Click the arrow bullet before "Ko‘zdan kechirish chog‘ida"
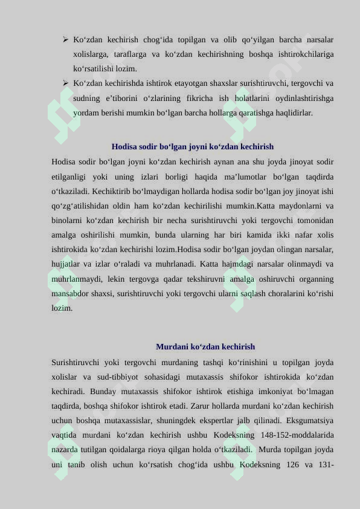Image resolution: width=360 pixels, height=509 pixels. coord(65,40)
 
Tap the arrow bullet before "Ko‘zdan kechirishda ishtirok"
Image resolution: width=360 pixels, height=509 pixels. coord(65,83)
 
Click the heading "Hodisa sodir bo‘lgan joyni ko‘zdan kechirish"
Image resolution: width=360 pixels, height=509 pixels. coord(193,147)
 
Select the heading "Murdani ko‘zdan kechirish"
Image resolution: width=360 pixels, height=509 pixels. coord(205,347)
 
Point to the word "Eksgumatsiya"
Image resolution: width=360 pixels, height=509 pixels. coord(311,421)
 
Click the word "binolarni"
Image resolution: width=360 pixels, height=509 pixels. coord(68,220)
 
